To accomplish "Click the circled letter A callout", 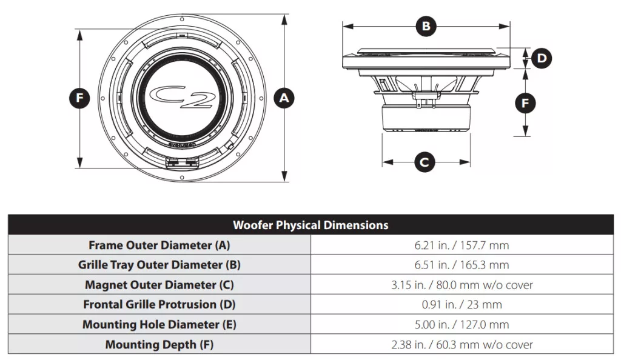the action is [x=284, y=98].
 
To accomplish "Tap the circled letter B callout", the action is [x=426, y=27].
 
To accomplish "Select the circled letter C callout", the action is [x=424, y=162].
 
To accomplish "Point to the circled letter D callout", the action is [x=542, y=58].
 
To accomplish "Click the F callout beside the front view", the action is [x=79, y=98].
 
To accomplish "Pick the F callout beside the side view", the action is [x=525, y=103].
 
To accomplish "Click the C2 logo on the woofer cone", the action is [x=182, y=97].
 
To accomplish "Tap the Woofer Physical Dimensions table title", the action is [x=310, y=225].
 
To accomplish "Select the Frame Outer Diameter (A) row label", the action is [x=159, y=245].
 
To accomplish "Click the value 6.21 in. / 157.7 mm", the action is [x=462, y=245].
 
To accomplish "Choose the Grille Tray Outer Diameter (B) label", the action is [x=159, y=265].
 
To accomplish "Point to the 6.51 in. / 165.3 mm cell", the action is [x=462, y=265].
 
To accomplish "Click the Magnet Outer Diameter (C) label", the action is [x=159, y=285].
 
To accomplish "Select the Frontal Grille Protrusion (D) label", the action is [x=159, y=304].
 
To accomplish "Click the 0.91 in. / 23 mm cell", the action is [x=462, y=305].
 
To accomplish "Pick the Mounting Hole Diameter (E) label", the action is [x=159, y=324].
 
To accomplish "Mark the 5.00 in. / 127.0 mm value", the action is [x=462, y=324].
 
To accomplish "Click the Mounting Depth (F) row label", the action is [x=159, y=345].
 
